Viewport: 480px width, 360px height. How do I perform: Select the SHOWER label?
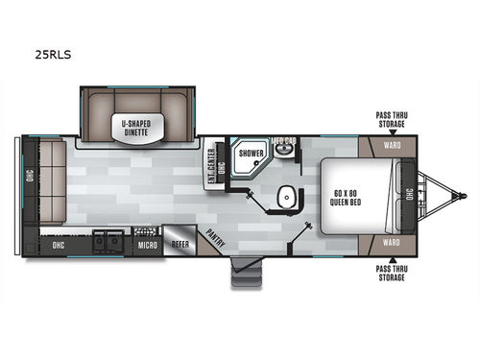pyautogui.click(x=252, y=153)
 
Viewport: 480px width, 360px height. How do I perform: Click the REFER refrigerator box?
pyautogui.click(x=179, y=243)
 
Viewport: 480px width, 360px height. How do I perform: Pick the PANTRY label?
pyautogui.click(x=216, y=237)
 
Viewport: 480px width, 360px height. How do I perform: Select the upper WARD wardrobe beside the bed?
pyautogui.click(x=391, y=147)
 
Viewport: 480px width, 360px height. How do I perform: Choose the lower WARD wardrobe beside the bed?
pyautogui.click(x=391, y=242)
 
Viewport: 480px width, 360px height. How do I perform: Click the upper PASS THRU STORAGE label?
pyautogui.click(x=391, y=118)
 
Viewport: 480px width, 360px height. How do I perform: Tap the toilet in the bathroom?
pyautogui.click(x=286, y=198)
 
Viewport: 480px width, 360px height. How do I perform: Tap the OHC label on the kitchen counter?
pyautogui.click(x=57, y=245)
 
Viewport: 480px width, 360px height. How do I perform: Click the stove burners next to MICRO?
pyautogui.click(x=143, y=231)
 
